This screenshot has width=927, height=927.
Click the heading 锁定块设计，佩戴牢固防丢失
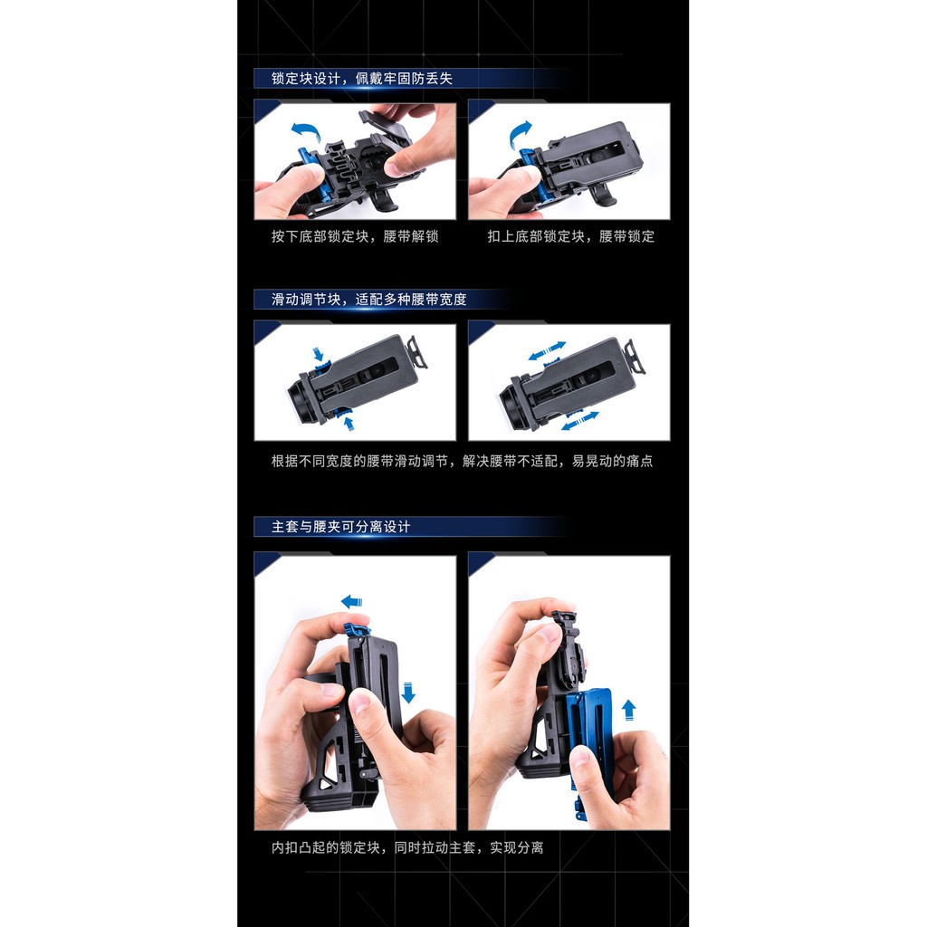pos(362,79)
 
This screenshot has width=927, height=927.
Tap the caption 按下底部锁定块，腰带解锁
pos(355,236)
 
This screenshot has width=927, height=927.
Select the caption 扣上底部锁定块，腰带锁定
pos(571,236)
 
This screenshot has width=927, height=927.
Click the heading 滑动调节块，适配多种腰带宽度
pos(369,300)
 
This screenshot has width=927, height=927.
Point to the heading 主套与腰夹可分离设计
pos(340,527)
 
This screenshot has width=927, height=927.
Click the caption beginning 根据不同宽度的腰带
pos(462,461)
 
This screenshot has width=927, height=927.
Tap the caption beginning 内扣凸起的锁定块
pos(407,847)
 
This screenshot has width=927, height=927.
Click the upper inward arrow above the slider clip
pos(318,354)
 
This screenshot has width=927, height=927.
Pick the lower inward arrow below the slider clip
pos(349,423)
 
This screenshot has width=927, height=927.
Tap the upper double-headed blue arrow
pos(547,350)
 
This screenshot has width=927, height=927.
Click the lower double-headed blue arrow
pos(580,420)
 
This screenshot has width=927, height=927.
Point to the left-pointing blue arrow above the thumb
pos(352,601)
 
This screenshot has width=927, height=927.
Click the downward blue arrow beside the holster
pos(408,693)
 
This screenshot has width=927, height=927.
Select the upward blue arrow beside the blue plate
pos(629,710)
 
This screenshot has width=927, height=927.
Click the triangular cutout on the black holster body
pos(325,783)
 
